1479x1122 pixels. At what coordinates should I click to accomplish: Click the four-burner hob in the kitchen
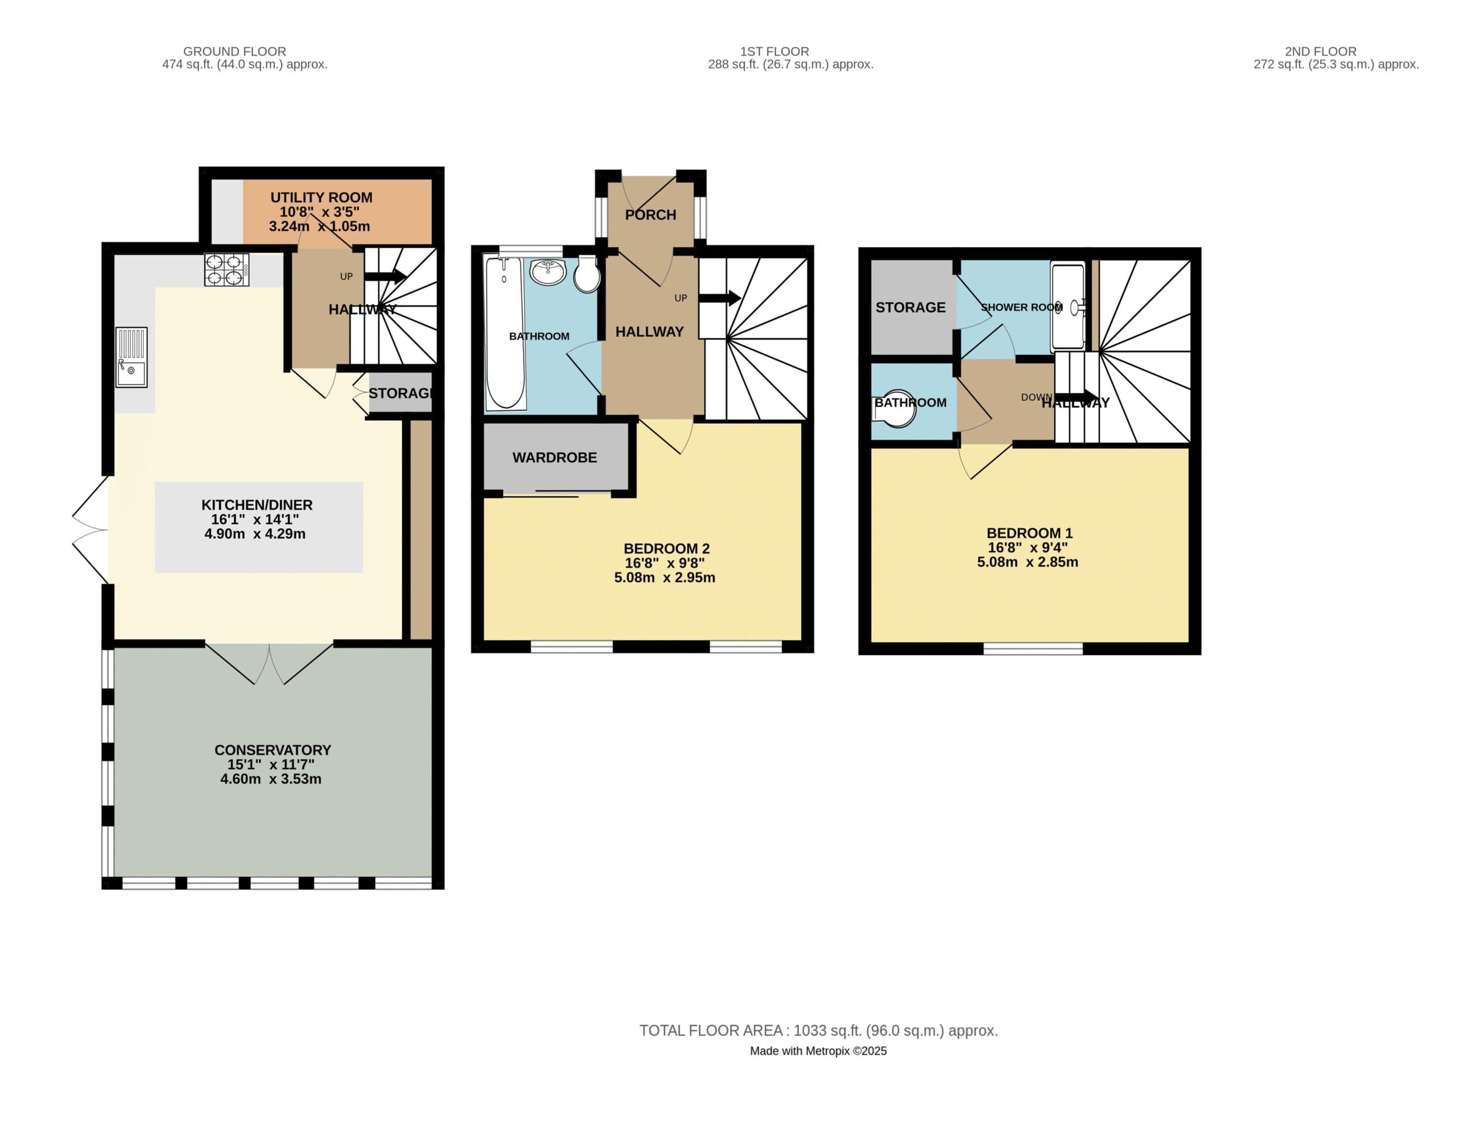[227, 270]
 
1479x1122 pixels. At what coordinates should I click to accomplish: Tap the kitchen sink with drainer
[131, 357]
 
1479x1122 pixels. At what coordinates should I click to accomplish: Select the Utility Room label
[321, 198]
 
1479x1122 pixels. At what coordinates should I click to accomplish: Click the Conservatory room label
[272, 750]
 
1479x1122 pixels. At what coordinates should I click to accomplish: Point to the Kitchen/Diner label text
[257, 505]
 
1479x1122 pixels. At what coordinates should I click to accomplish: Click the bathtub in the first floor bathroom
[505, 333]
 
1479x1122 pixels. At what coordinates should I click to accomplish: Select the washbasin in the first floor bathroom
[548, 272]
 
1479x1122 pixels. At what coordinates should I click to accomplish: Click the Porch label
[650, 215]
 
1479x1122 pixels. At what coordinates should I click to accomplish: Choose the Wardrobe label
[555, 458]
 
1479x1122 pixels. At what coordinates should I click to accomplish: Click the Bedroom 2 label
[666, 549]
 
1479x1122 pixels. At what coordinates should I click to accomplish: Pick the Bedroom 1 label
[1029, 534]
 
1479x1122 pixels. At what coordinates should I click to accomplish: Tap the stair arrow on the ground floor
[386, 275]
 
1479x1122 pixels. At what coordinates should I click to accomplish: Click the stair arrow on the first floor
[719, 298]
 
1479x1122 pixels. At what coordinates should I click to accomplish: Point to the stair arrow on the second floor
[1075, 397]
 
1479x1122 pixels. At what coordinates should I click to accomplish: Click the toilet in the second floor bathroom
[895, 408]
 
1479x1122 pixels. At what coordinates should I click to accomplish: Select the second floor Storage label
[910, 307]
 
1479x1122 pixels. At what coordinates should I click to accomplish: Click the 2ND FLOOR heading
[1320, 51]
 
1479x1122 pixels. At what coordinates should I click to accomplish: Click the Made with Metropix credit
[818, 1051]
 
